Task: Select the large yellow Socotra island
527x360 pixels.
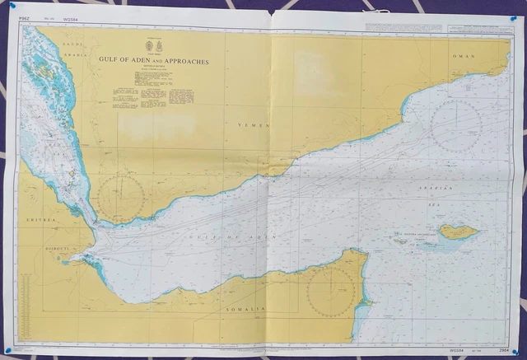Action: click(x=457, y=231)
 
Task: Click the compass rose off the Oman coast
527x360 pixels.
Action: click(x=455, y=125)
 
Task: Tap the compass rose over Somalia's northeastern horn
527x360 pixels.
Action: click(x=331, y=292)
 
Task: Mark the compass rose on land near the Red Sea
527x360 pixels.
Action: click(x=121, y=197)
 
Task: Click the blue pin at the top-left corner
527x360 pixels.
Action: click(x=17, y=8)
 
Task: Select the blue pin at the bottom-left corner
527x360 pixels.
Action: click(x=8, y=352)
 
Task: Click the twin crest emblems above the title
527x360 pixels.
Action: click(x=154, y=46)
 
